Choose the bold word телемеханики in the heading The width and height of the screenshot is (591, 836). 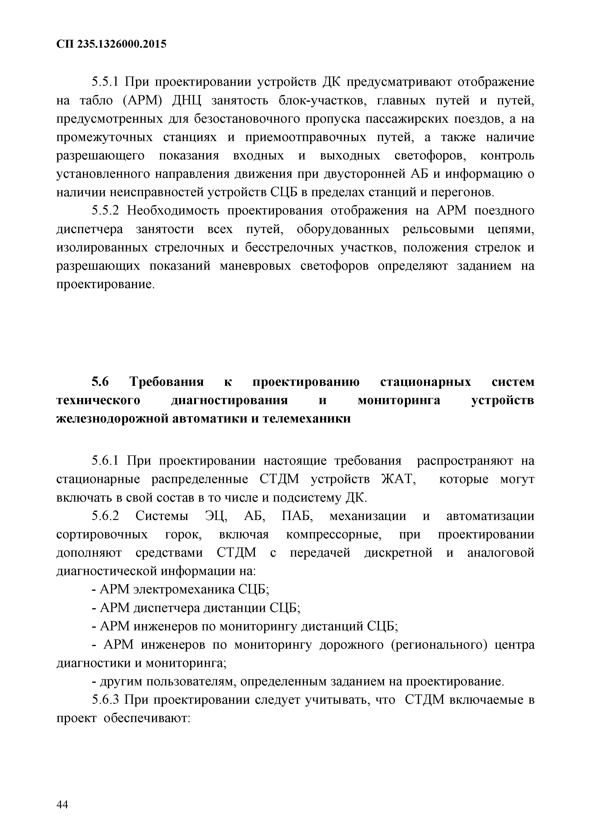point(307,419)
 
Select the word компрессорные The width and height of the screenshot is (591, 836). point(334,535)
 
